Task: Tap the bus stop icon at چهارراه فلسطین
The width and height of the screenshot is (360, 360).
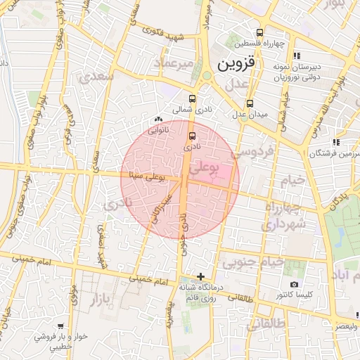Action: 260,32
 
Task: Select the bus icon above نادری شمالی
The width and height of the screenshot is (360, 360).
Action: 193,98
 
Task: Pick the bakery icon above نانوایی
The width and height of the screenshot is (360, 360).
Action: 158,120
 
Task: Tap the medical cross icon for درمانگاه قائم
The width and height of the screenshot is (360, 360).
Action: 201,276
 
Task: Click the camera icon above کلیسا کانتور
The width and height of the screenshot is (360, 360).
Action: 294,285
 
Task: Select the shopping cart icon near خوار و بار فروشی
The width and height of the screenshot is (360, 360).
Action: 61,326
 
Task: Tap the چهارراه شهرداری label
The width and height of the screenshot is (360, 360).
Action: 284,217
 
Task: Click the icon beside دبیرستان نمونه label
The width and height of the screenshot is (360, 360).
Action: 297,56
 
